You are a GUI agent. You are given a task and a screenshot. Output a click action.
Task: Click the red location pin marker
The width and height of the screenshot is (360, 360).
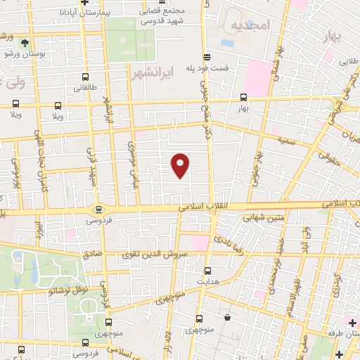[x=181, y=165]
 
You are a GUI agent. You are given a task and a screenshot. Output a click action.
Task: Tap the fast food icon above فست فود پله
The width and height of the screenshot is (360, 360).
[x=206, y=56]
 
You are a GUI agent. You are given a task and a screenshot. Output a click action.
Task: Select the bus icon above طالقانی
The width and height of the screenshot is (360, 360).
[x=85, y=77]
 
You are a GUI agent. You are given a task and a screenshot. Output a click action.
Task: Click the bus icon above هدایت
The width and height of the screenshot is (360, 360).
[x=207, y=270]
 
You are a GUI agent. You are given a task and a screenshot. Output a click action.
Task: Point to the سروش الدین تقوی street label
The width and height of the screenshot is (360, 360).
[x=160, y=255]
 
